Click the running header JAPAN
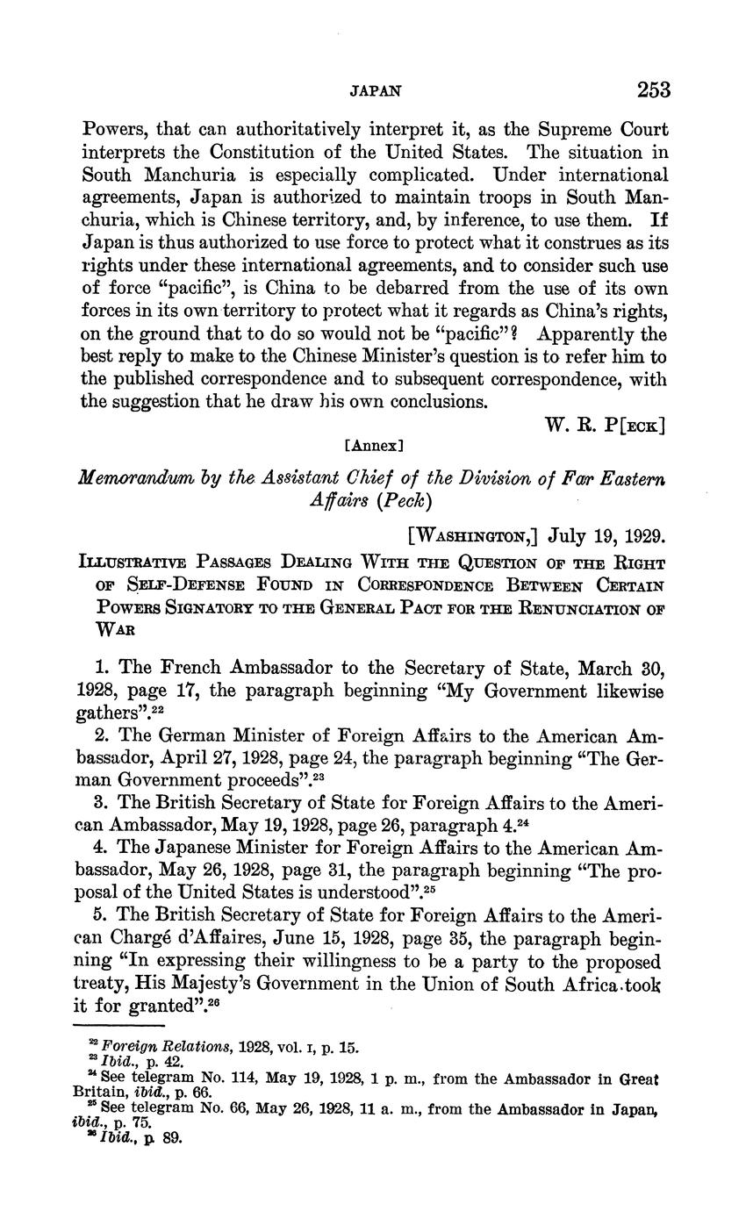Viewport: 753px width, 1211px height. pos(376,90)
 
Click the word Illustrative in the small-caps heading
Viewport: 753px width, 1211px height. pos(136,563)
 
